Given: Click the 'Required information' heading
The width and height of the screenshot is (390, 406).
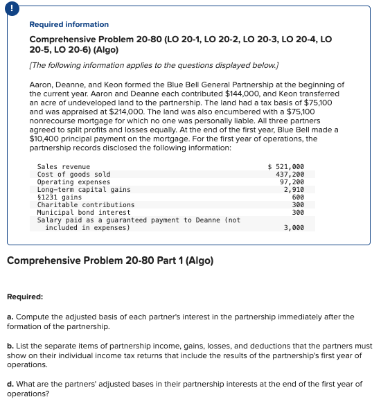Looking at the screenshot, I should point(69,24).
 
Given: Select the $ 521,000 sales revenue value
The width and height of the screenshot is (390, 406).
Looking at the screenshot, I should point(285,167).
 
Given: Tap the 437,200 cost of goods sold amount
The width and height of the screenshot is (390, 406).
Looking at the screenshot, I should point(290,175).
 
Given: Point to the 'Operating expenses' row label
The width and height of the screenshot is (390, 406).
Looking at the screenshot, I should point(73,182).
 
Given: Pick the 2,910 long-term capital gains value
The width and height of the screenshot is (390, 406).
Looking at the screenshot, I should point(294,190).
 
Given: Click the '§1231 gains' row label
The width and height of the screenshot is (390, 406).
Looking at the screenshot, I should point(60,197).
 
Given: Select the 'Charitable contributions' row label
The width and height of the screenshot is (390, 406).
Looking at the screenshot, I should point(86,205).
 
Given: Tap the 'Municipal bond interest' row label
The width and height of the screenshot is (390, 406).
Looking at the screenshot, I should point(84,213).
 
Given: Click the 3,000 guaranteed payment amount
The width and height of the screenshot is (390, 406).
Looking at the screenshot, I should point(294,228).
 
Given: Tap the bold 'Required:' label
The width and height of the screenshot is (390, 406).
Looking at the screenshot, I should point(25,297).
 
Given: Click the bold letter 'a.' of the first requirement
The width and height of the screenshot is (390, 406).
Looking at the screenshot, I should point(10,317).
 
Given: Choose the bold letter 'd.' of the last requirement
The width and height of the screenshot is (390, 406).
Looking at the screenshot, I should point(10,383).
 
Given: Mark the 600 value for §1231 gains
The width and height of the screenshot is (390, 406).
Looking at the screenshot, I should point(299,197).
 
